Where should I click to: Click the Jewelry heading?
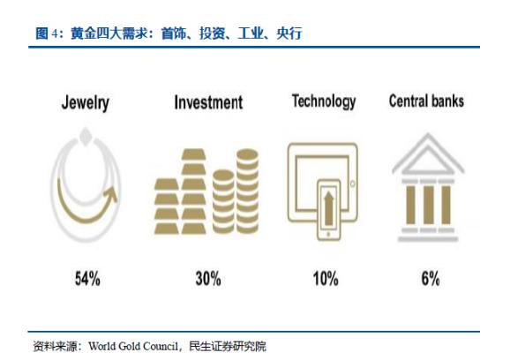point(86,102)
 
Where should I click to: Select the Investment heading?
point(208,102)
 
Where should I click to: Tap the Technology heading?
point(324,101)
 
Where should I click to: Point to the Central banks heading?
point(426,101)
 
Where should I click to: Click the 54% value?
point(87,279)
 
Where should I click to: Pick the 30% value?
point(208,279)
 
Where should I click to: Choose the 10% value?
point(326,279)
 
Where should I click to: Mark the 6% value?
point(431,279)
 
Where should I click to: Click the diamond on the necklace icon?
point(86,137)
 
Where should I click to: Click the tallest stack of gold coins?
point(248,191)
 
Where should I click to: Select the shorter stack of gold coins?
point(223,202)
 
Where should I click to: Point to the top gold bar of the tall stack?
point(193,154)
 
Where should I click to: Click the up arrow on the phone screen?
point(329,208)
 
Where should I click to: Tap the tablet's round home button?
point(353,184)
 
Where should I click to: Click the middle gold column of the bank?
point(428,205)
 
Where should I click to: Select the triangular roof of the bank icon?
point(428,154)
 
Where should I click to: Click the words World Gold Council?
point(133,347)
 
